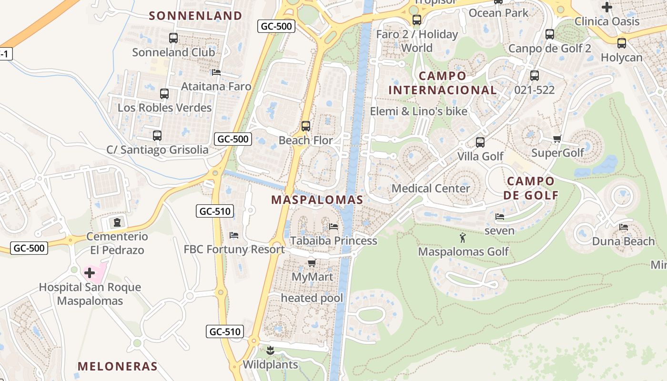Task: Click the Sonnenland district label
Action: point(195,16)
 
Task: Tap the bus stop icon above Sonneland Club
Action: point(173,38)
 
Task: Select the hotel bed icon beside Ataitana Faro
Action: point(216,72)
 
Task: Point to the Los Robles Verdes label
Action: point(164,108)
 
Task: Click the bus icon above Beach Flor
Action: point(306,126)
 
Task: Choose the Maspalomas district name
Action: point(317,200)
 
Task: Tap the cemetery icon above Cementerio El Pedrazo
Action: point(117,222)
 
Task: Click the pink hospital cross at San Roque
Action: point(90,273)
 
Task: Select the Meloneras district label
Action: point(117,366)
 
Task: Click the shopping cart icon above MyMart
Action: point(312,263)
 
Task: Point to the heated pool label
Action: point(312,298)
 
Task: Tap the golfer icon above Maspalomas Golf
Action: point(463,237)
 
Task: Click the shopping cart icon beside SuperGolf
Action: point(557,139)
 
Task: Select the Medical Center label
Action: point(431,188)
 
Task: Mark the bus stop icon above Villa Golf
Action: point(480,142)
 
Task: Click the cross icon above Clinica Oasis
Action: point(606,7)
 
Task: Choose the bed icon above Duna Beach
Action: point(623,227)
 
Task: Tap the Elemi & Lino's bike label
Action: point(419,111)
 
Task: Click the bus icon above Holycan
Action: point(621,43)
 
